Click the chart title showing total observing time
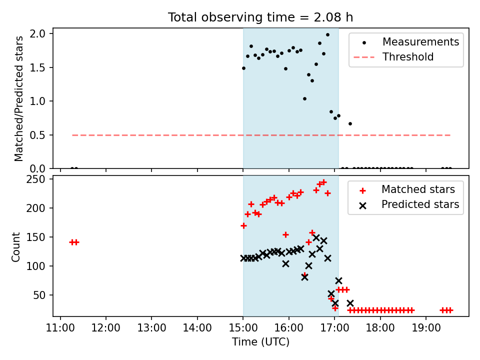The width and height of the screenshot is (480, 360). (x=260, y=17)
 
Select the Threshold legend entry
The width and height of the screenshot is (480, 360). (x=393, y=57)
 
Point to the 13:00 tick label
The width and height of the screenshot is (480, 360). (x=152, y=328)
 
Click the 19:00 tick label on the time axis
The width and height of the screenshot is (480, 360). (x=426, y=328)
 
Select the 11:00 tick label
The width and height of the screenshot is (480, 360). (x=60, y=328)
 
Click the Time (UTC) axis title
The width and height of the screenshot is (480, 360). (x=261, y=341)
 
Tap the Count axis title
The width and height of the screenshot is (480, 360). (x=15, y=246)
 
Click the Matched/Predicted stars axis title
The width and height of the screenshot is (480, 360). (x=18, y=98)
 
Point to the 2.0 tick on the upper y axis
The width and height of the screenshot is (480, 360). (x=37, y=33)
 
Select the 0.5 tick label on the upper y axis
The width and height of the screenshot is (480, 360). (x=37, y=135)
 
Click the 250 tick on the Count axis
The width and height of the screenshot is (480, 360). (x=36, y=179)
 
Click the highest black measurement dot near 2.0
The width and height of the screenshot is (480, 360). (x=327, y=35)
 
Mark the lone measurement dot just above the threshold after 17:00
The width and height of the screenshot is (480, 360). (x=350, y=124)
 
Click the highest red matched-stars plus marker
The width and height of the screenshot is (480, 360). (x=324, y=182)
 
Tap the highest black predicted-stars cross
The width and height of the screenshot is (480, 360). (x=316, y=237)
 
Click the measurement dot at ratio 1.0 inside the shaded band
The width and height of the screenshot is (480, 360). (x=304, y=99)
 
